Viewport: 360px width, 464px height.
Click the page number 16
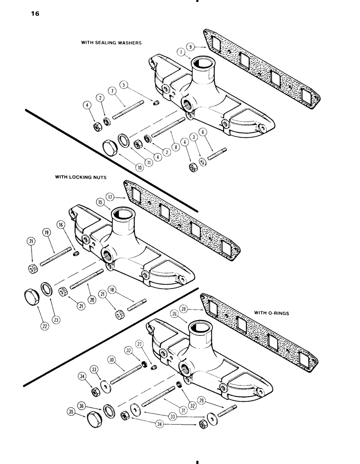pos(35,13)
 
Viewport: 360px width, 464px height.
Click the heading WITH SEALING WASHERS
pos(111,42)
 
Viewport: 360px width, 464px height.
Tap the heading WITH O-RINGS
pos(271,313)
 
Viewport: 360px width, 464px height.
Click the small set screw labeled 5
pos(156,103)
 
